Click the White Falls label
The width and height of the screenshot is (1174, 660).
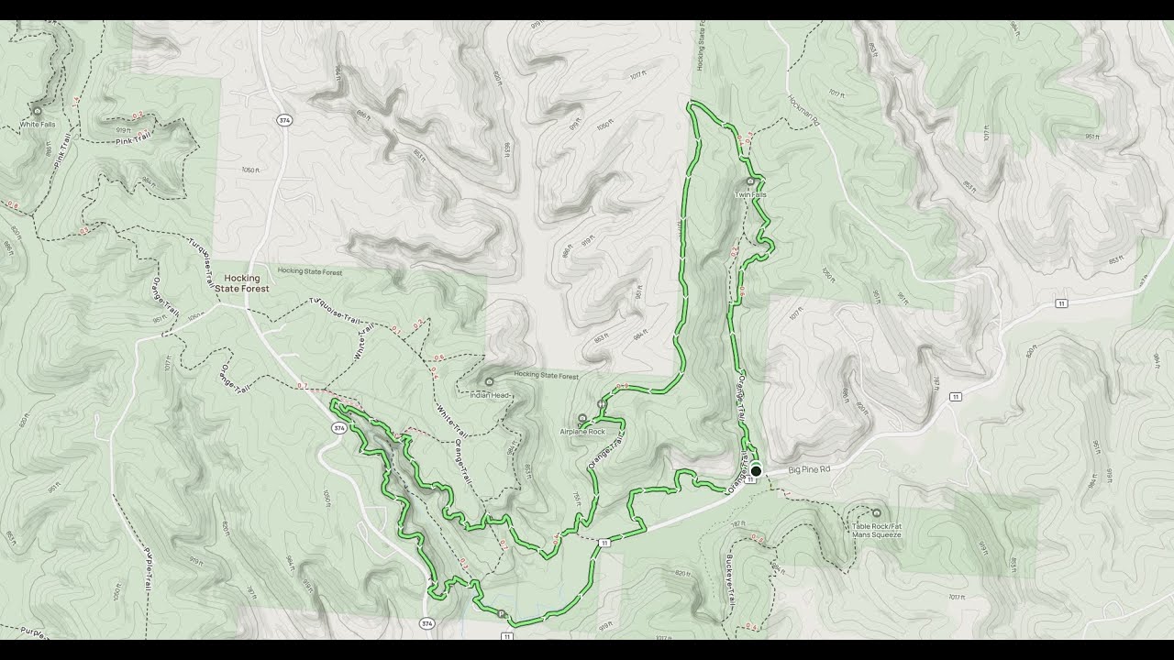click(37, 124)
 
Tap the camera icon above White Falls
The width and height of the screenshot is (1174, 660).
click(38, 110)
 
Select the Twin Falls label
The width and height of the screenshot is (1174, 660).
click(750, 194)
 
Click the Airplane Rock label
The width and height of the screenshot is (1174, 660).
click(582, 431)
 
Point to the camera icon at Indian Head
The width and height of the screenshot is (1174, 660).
click(489, 381)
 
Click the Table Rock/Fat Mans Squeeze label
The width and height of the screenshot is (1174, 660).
click(876, 530)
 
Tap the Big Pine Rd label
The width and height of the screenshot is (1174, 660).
click(809, 469)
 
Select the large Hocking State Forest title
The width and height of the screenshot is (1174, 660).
click(243, 283)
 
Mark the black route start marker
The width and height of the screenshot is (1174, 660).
click(756, 471)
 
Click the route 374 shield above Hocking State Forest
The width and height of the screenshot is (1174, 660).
click(285, 120)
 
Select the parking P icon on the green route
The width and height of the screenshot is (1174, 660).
click(502, 613)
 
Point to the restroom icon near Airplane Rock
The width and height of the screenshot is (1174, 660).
click(601, 403)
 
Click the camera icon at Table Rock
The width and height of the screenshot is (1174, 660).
click(876, 513)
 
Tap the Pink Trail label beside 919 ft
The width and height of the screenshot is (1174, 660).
click(132, 138)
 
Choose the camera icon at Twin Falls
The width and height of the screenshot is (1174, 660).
click(750, 181)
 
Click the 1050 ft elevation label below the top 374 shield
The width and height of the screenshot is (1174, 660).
click(251, 170)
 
